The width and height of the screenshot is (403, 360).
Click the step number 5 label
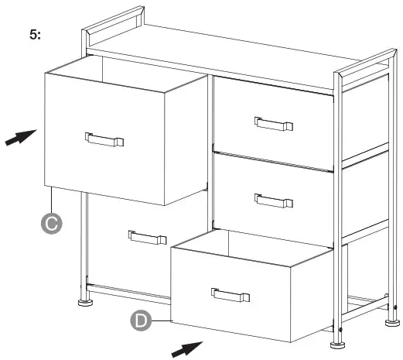tap(36, 36)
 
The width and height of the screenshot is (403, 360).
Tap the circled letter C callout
tap(51, 223)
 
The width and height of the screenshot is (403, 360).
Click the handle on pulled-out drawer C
tap(104, 139)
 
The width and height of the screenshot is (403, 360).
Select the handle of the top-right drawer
tap(274, 122)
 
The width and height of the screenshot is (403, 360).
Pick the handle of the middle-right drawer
tap(274, 200)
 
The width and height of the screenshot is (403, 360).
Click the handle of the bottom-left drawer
tap(148, 238)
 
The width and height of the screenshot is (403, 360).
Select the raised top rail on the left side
tap(113, 26)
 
